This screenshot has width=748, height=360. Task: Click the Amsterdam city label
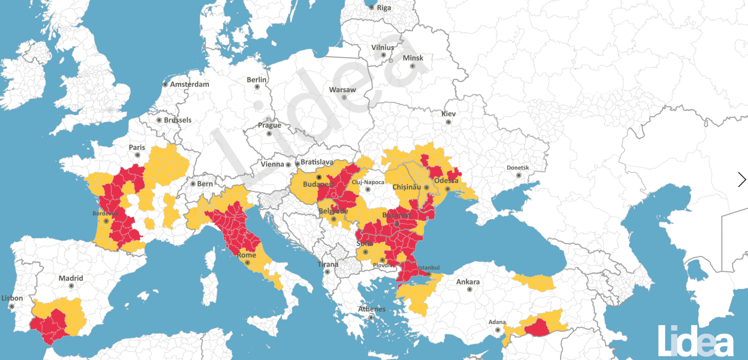pyautogui.click(x=189, y=84)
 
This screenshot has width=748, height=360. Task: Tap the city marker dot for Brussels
pyautogui.click(x=159, y=120)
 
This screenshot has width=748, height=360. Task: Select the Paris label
pyautogui.click(x=137, y=147)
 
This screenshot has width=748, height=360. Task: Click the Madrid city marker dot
pyautogui.click(x=71, y=286)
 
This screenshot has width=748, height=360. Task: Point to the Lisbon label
pyautogui.click(x=12, y=298)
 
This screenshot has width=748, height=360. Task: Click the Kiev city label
pyautogui.click(x=448, y=114)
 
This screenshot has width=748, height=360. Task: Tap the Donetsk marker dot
pyautogui.click(x=519, y=175)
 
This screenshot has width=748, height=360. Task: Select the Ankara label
pyautogui.click(x=468, y=282)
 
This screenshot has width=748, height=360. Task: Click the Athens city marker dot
pyautogui.click(x=371, y=318)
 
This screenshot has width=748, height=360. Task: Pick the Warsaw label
pyautogui.click(x=342, y=90)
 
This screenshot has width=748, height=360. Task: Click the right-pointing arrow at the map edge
pyautogui.click(x=742, y=180)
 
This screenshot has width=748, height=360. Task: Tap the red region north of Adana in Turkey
pyautogui.click(x=538, y=328)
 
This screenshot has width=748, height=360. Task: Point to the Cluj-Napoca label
pyautogui.click(x=368, y=182)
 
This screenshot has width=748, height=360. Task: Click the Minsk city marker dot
pyautogui.click(x=413, y=66)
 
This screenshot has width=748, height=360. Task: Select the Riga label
pyautogui.click(x=384, y=8)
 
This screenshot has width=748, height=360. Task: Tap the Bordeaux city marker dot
pyautogui.click(x=106, y=221)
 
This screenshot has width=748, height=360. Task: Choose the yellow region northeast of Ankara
pyautogui.click(x=535, y=283)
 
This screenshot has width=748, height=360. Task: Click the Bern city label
pyautogui.click(x=205, y=184)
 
